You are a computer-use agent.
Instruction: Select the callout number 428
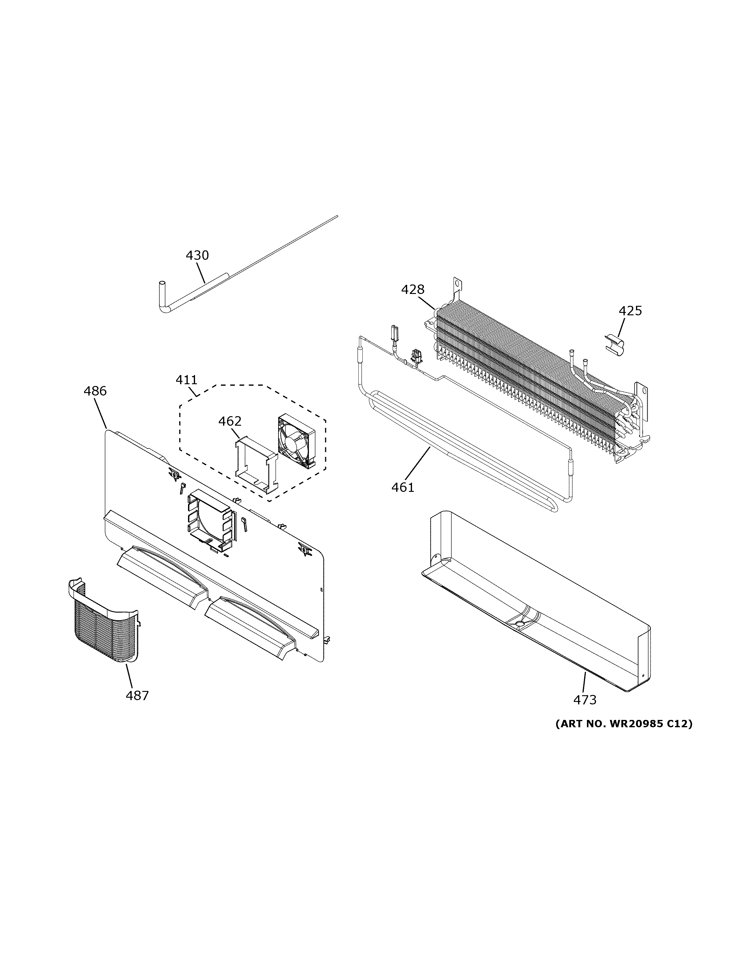pyautogui.click(x=413, y=289)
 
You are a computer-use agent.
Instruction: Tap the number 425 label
pyautogui.click(x=630, y=311)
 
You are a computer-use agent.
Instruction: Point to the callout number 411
pyautogui.click(x=187, y=380)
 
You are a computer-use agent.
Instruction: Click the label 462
pyautogui.click(x=230, y=421)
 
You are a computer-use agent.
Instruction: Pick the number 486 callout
pyautogui.click(x=95, y=391)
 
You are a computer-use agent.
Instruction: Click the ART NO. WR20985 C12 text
pyautogui.click(x=623, y=724)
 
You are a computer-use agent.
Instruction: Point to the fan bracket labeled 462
pyautogui.click(x=256, y=464)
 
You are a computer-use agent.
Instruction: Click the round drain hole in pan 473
pyautogui.click(x=520, y=623)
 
